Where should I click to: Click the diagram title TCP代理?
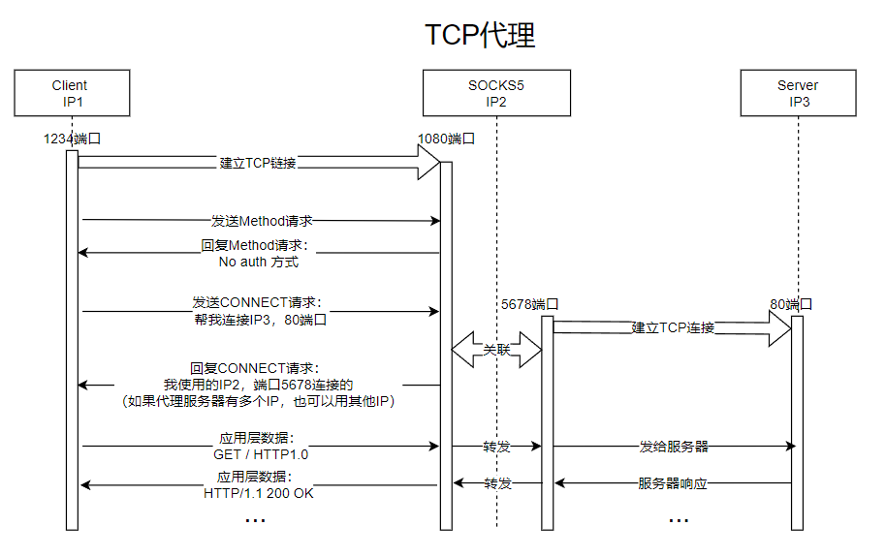480,35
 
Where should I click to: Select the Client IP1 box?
72,93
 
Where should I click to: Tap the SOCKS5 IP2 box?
496,93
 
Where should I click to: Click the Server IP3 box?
799,93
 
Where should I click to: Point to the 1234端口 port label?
72,139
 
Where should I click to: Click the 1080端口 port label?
446,139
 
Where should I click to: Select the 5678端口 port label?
529,304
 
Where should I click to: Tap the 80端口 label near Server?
791,304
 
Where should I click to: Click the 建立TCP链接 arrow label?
258,164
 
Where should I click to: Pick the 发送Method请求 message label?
262,221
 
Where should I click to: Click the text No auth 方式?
258,263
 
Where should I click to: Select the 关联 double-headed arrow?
496,350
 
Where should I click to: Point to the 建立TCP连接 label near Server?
673,327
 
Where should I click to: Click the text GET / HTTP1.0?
261,454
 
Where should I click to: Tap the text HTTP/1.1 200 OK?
258,493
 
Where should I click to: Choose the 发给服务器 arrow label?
674,447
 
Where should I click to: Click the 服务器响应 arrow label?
673,483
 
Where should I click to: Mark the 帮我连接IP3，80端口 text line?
261,320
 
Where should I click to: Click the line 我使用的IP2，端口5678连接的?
258,385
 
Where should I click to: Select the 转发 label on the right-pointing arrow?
496,447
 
